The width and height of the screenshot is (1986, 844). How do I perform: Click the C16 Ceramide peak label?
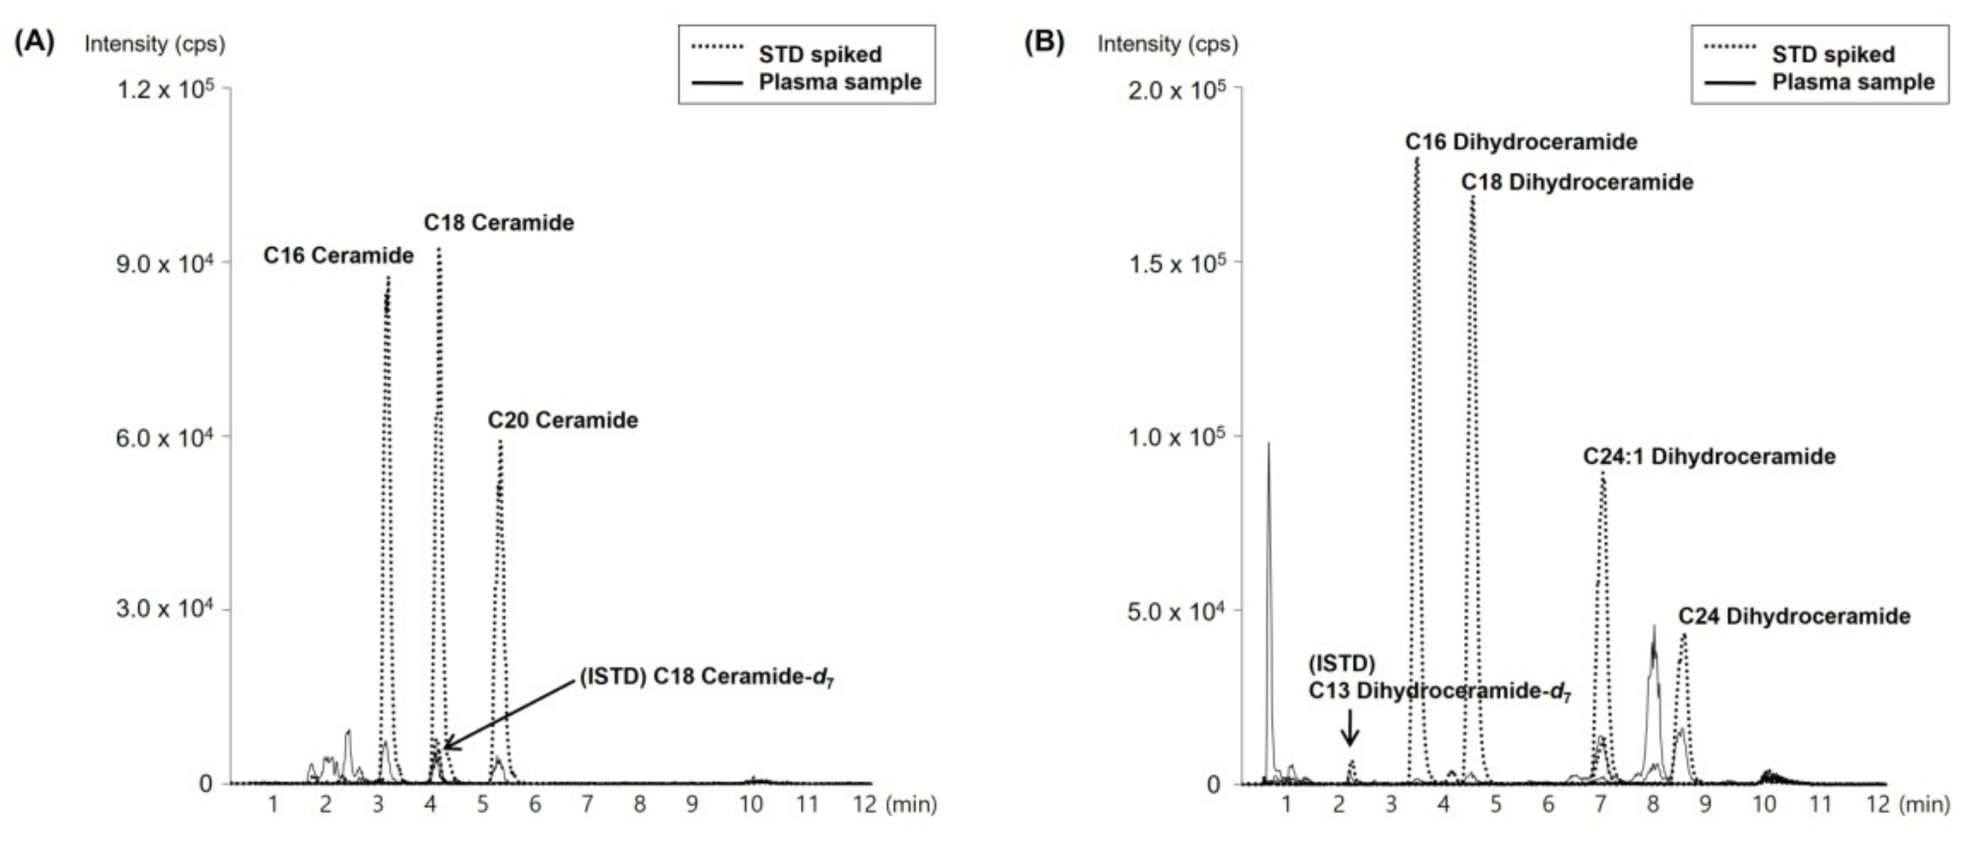(x=339, y=255)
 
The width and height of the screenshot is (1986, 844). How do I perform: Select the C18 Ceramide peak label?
(x=499, y=223)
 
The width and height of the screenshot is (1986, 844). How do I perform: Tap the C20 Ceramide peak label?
(x=563, y=420)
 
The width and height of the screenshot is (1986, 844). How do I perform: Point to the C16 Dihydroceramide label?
(x=1521, y=142)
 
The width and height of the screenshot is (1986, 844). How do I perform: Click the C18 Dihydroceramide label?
(x=1577, y=183)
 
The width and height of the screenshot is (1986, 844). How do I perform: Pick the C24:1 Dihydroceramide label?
(x=1709, y=456)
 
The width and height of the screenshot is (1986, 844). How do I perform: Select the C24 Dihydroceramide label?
(x=1795, y=616)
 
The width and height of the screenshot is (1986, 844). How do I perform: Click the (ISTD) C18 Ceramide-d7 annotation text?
(x=706, y=677)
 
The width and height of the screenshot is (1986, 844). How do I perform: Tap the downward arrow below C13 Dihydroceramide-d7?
(x=1349, y=726)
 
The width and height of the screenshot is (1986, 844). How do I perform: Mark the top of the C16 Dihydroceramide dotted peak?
(x=1417, y=159)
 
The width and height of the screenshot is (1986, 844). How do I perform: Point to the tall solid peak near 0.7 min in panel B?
(x=1268, y=444)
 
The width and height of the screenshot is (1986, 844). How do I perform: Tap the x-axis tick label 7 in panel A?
(x=587, y=805)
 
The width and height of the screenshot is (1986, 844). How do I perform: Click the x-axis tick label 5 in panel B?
(x=1496, y=805)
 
